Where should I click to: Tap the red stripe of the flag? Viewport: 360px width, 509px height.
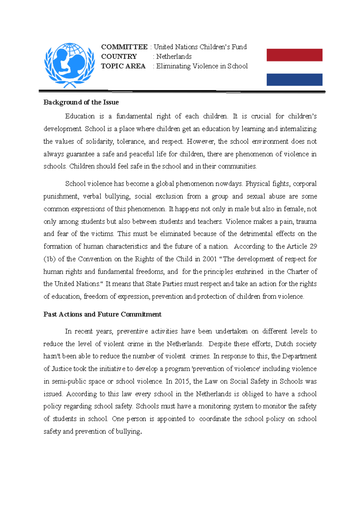294,55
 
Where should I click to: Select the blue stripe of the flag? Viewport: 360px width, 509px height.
294,80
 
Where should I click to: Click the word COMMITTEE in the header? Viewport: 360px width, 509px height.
124,47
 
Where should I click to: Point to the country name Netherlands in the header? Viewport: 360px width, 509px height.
174,57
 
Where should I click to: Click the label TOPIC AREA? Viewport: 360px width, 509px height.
123,66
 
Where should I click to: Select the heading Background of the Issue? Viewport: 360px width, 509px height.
81,102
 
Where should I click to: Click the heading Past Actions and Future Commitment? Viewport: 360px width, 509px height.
102,314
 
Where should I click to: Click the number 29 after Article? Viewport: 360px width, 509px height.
313,246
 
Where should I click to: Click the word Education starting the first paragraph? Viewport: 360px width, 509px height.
80,116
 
